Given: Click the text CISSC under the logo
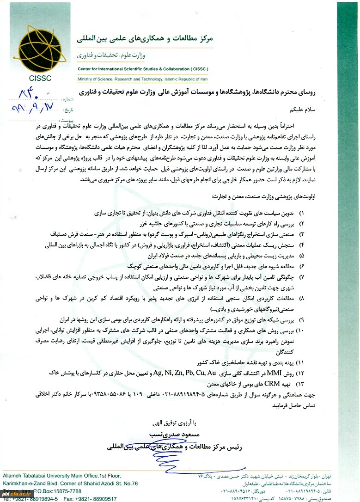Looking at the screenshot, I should [40, 78].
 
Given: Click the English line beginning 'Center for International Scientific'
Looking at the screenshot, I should [144, 69].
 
